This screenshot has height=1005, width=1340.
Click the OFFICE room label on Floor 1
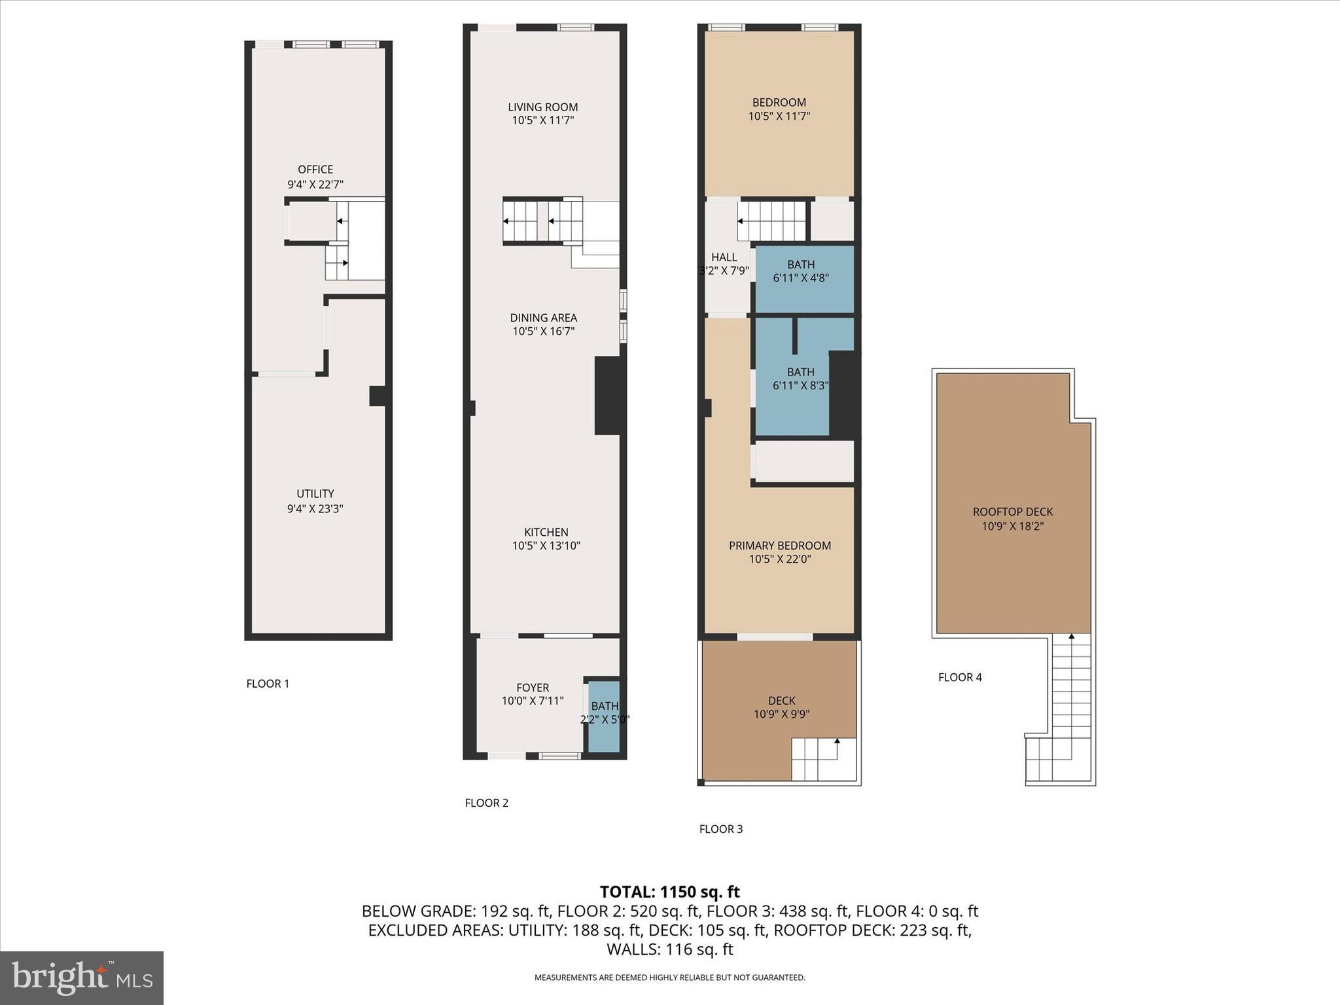point(315,170)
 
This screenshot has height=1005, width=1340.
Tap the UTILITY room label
point(315,494)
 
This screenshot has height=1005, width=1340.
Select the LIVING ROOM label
point(543,107)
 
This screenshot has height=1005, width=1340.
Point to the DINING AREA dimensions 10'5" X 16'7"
point(543,332)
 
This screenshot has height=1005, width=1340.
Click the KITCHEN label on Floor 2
point(546,532)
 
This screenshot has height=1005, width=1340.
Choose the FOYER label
point(533,688)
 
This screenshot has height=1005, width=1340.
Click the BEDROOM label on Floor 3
point(779,103)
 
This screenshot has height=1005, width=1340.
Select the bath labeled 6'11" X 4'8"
point(801,271)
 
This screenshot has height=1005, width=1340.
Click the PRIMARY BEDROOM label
point(780,546)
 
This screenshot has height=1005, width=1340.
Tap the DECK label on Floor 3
point(782,701)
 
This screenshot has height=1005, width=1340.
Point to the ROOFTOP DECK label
point(1012,512)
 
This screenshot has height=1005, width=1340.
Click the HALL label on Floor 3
point(724,258)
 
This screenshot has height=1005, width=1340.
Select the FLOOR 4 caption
point(960,677)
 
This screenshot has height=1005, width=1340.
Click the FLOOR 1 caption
point(268,684)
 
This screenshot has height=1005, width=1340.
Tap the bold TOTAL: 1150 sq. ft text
point(669,892)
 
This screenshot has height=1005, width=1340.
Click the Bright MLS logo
point(82,978)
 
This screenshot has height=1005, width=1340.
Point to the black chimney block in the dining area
point(607,395)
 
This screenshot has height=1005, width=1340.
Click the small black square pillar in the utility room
point(377,396)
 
